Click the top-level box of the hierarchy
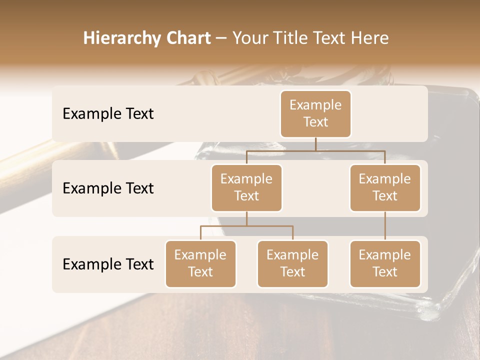pyautogui.click(x=315, y=113)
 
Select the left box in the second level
pyautogui.click(x=246, y=187)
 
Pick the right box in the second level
pyautogui.click(x=385, y=187)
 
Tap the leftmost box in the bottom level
pyautogui.click(x=200, y=263)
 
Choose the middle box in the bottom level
pyautogui.click(x=292, y=263)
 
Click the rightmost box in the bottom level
pyautogui.click(x=385, y=263)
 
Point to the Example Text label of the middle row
pyautogui.click(x=108, y=188)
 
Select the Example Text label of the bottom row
pyautogui.click(x=108, y=264)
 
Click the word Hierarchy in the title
pyautogui.click(x=122, y=38)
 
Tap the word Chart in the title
pyautogui.click(x=187, y=38)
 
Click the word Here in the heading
pyautogui.click(x=370, y=38)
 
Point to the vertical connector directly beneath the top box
pyautogui.click(x=315, y=144)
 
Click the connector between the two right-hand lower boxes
pyautogui.click(x=385, y=226)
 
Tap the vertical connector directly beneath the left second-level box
pyautogui.click(x=246, y=218)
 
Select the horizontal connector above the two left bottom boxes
pyautogui.click(x=246, y=226)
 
